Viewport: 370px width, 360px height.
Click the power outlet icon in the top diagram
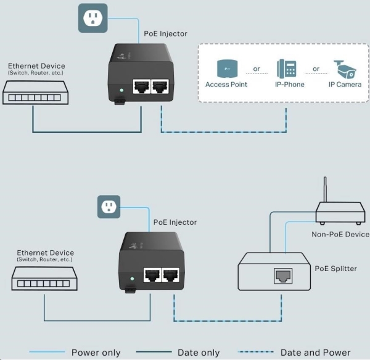pyautogui.click(x=92, y=18)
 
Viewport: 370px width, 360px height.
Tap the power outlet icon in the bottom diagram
pyautogui.click(x=109, y=207)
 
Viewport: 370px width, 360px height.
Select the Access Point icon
pyautogui.click(x=226, y=69)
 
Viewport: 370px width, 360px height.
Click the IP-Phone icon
pyautogui.click(x=287, y=69)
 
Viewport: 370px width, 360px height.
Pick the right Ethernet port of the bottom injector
pyautogui.click(x=171, y=276)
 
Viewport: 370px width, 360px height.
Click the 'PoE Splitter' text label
pyautogui.click(x=335, y=269)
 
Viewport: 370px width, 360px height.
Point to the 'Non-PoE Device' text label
pyautogui.click(x=340, y=235)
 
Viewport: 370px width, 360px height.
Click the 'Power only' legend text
pyautogui.click(x=96, y=353)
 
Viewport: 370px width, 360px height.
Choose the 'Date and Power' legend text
pyautogui.click(x=315, y=353)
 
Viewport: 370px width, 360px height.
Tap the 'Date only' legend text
pyautogui.click(x=199, y=353)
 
